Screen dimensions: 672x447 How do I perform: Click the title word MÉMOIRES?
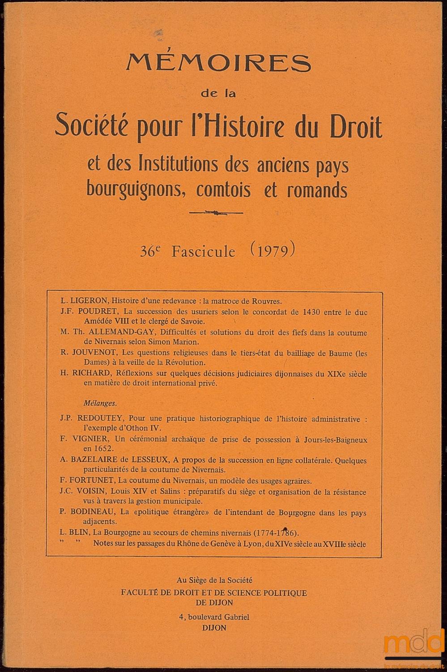coord(218,63)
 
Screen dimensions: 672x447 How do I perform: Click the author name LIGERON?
coord(90,301)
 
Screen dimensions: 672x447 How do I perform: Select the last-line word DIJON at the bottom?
coord(214,628)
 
